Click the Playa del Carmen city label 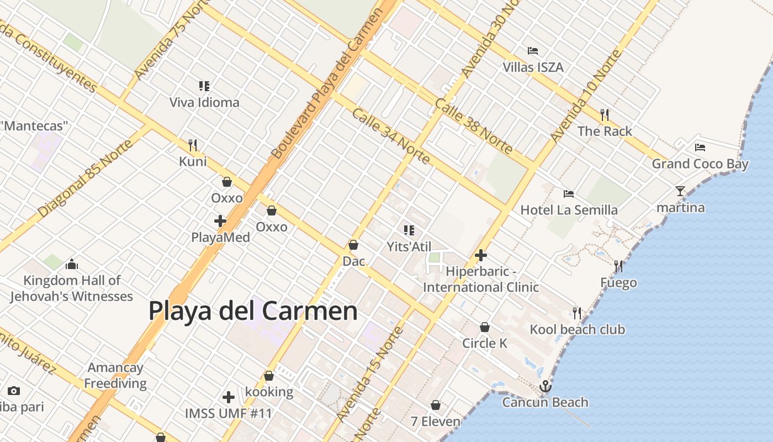253,311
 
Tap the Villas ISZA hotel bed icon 533,51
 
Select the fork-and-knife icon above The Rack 605,115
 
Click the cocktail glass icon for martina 680,191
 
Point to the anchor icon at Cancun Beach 546,386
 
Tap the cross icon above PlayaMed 220,221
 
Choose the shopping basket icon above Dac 353,245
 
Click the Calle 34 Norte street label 390,136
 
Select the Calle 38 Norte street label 474,126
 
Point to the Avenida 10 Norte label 586,95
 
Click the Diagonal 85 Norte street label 86,178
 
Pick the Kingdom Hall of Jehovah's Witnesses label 72,288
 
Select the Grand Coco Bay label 700,164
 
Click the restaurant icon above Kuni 193,145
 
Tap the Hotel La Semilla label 569,210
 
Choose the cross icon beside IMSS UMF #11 229,397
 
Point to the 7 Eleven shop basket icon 436,405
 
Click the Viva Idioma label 204,102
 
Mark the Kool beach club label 578,330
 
